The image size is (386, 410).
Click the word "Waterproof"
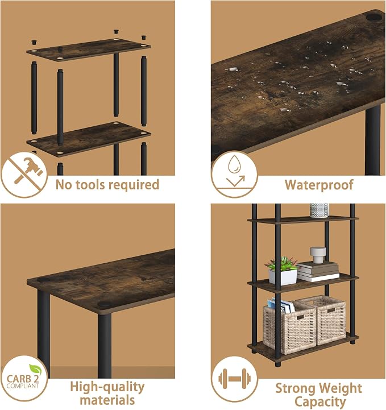point(319,185)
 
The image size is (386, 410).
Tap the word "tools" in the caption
point(89,185)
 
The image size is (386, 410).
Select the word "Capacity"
point(319,401)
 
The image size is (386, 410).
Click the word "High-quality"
point(107,387)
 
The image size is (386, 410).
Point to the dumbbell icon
point(234,378)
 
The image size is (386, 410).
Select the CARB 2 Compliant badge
point(24,378)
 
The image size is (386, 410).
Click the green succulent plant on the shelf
point(282,264)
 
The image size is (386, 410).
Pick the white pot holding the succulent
point(283,276)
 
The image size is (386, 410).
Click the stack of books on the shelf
point(318,272)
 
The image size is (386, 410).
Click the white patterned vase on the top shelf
point(319,210)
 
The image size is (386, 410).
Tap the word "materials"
point(107,400)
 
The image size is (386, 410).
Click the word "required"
point(133,185)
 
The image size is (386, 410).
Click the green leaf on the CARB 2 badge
point(35,369)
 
